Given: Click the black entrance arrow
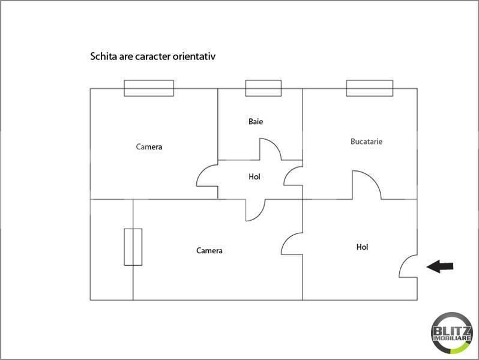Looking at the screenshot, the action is pos(440,266).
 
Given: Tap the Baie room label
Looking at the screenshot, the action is pos(256,122).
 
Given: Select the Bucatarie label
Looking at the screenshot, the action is pos(366,142).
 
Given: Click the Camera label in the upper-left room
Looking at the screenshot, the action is pos(149,147).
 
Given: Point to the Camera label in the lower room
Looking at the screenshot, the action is pos(209,251).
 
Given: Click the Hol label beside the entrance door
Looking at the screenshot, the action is pos(362,247).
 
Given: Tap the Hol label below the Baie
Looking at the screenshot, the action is pos(254,176).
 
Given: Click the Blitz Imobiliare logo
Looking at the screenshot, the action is pos(452,333).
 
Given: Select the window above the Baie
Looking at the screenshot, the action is pos(264,88).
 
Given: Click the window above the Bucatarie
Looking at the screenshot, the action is pos(370,88).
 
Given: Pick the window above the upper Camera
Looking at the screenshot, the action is pos(149,88).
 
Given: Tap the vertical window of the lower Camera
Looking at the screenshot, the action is pos(133,247).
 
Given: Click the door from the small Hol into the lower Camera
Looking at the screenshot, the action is pos(261,215).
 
